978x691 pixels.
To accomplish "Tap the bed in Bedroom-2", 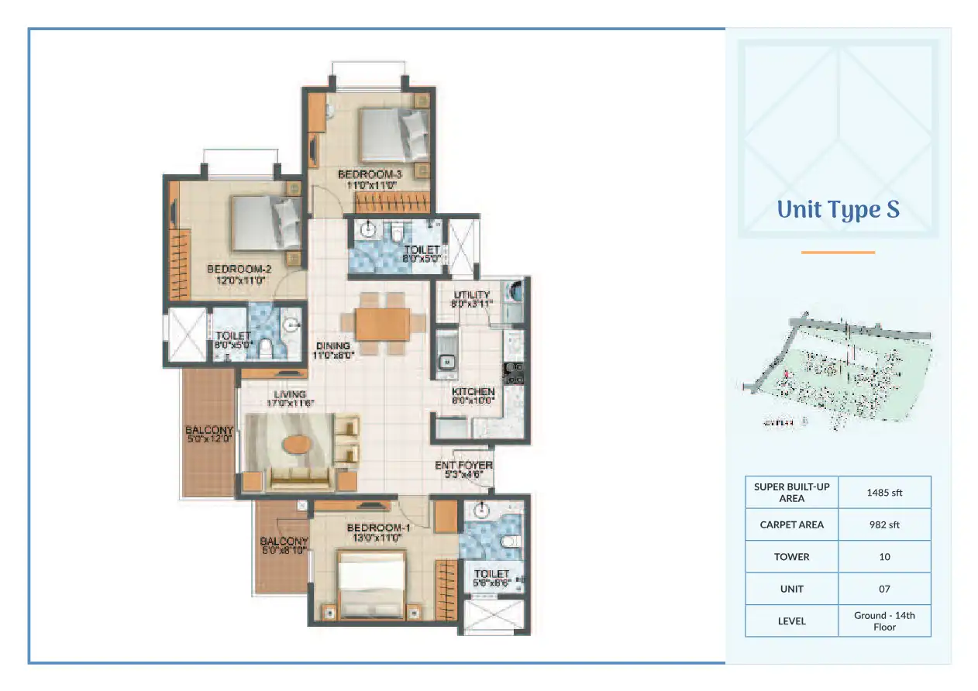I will [x=264, y=222].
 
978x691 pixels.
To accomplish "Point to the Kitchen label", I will [x=473, y=396].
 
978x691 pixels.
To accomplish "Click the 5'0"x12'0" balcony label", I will [x=208, y=435].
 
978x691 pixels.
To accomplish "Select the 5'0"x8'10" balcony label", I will [x=284, y=545].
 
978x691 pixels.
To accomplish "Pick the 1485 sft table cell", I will [x=884, y=492].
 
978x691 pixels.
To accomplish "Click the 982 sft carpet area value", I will [x=884, y=524].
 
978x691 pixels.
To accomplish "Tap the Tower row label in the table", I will [x=791, y=557].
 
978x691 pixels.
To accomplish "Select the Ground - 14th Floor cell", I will [x=884, y=621].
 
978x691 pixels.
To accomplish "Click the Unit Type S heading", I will [x=838, y=210].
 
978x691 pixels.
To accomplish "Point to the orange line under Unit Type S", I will [x=838, y=252].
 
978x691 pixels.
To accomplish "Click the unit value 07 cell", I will [x=884, y=589].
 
